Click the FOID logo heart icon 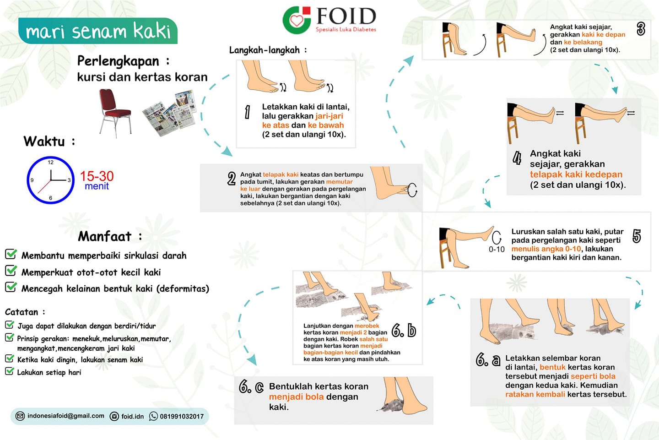point(296,20)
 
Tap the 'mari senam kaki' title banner point(97,31)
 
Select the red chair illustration point(115,113)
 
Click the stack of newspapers point(169,113)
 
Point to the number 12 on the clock point(51,162)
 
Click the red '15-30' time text point(97,176)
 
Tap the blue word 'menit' point(97,186)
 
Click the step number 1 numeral point(248,112)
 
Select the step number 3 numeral point(641,29)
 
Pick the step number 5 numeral point(636,236)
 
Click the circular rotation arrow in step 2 point(412,190)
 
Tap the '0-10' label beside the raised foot point(497,250)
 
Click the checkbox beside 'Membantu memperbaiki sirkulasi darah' point(11,254)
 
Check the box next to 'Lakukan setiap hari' point(10,371)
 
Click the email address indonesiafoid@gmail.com point(65,416)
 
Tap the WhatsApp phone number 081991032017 point(182,417)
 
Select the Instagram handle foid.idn point(132,417)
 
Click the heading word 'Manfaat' point(104,236)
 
